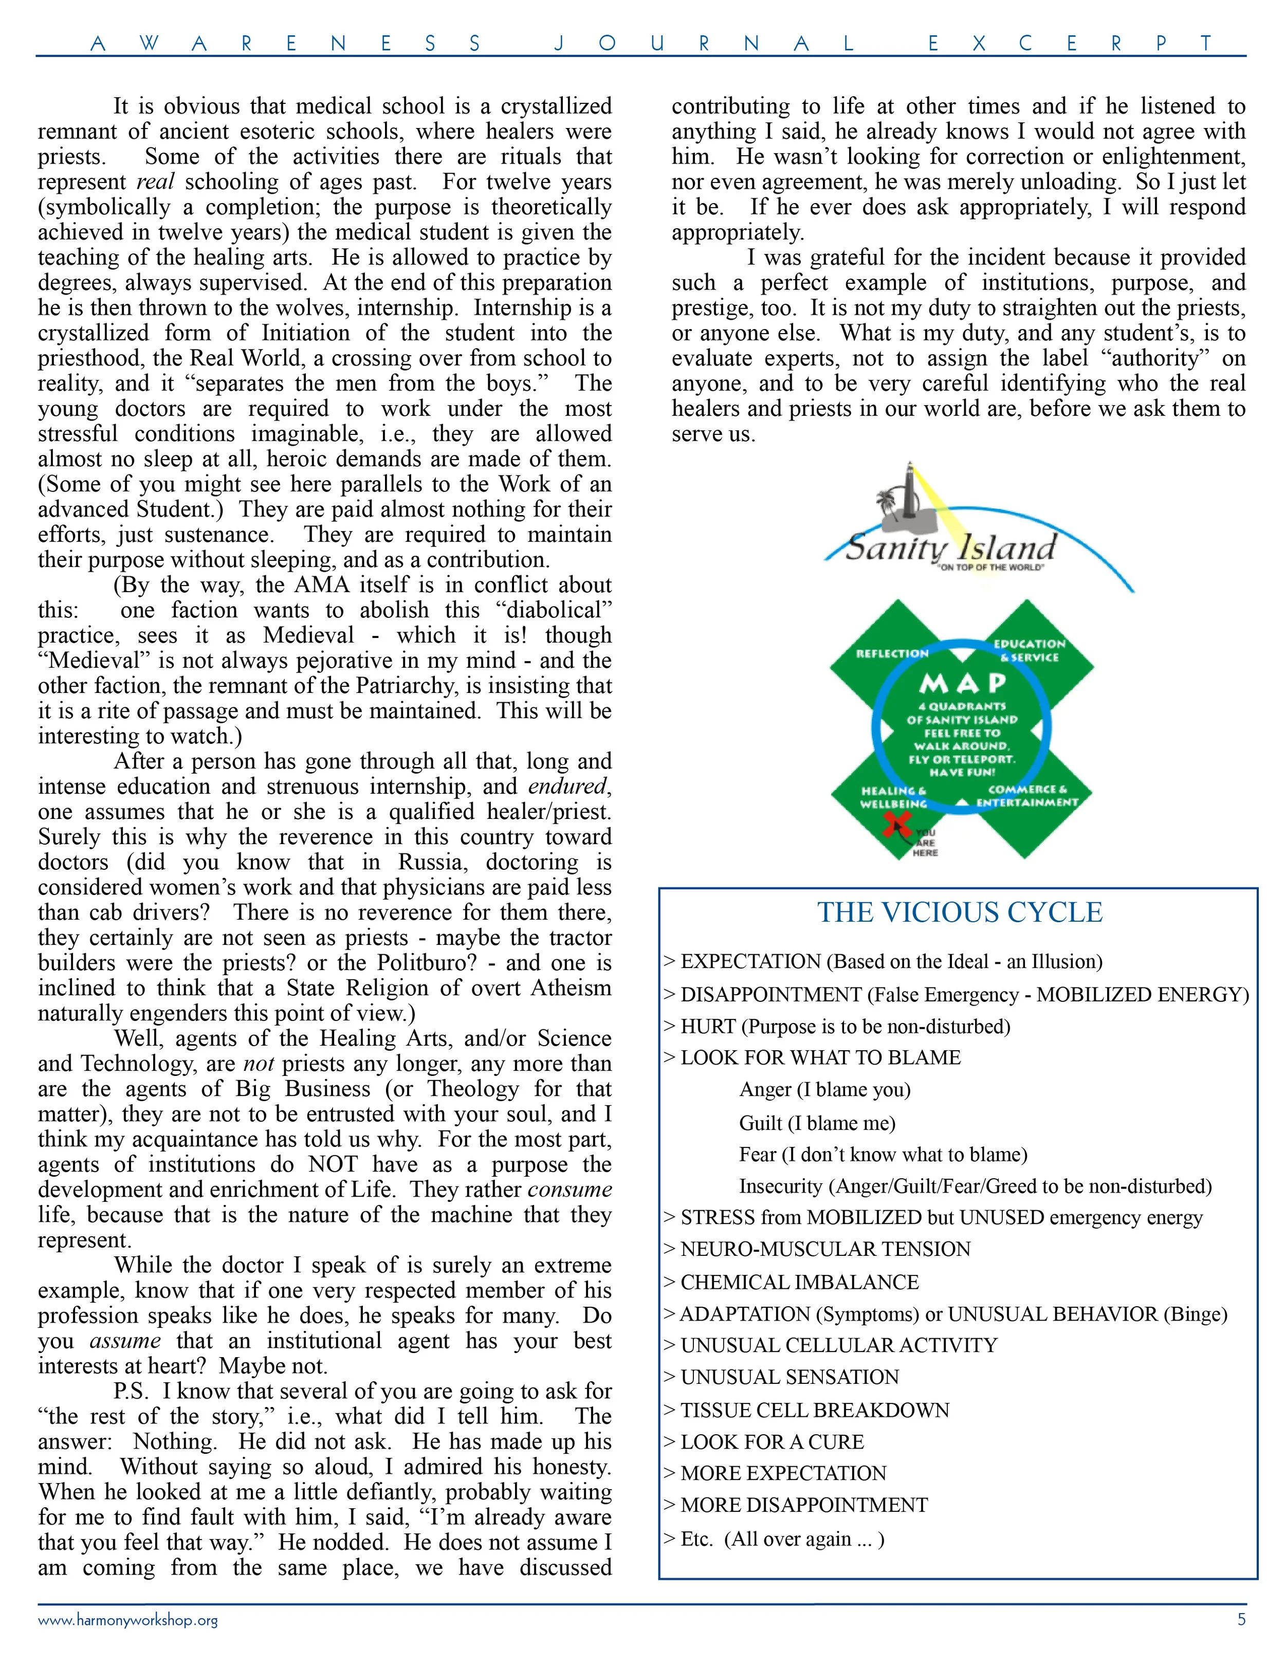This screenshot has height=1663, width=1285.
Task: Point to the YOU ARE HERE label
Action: pos(926,843)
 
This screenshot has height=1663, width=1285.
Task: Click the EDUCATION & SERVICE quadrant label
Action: pos(1029,650)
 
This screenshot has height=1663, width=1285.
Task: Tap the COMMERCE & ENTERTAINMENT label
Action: pos(1027,796)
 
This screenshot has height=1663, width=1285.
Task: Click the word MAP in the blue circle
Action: pos(962,683)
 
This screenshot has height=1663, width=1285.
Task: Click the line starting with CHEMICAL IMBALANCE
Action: pos(799,1282)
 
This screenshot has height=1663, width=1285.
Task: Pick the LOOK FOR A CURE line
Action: pos(772,1442)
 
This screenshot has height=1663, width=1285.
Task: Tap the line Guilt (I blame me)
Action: pos(817,1123)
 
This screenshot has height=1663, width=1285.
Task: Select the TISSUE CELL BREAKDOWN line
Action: pos(815,1410)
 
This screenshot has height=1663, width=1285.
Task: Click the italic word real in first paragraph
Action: pos(155,182)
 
